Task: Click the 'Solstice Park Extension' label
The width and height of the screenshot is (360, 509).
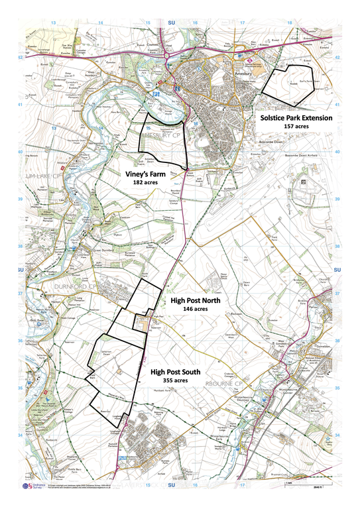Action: click(296, 117)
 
